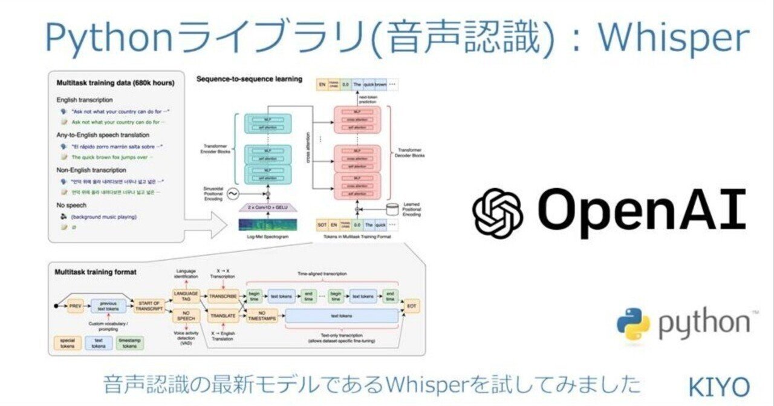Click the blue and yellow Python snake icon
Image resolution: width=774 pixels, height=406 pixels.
(633, 323)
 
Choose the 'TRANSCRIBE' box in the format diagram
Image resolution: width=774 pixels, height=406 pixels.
(223, 296)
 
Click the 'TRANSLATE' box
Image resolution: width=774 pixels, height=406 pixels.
(223, 316)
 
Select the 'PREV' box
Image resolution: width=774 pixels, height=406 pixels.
(76, 306)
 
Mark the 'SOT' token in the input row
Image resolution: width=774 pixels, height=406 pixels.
(324, 226)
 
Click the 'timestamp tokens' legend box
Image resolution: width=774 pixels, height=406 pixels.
(130, 343)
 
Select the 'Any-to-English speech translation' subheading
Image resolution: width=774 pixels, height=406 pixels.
(102, 135)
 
